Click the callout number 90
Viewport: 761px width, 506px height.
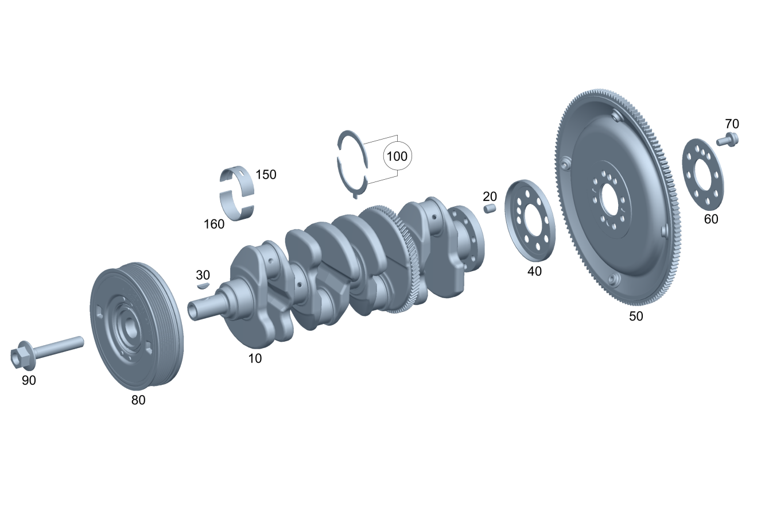point(29,380)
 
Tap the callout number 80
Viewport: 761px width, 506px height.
point(138,400)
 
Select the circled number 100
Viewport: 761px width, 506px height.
point(397,156)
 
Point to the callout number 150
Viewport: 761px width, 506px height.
point(266,175)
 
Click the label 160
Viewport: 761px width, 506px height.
point(214,224)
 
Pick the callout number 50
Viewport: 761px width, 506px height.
point(636,316)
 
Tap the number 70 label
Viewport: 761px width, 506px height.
point(732,124)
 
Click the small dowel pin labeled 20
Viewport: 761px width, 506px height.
point(490,208)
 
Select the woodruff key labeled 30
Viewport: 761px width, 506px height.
point(203,285)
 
